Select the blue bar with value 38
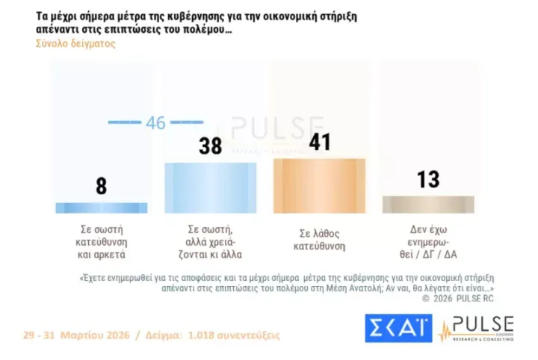[x=210, y=187]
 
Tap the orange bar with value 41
[x=319, y=186]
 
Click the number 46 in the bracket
[x=155, y=122]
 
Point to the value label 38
[x=211, y=146]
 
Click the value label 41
[x=320, y=142]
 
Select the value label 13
[x=428, y=179]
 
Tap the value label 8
[x=102, y=186]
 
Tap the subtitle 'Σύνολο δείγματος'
[x=75, y=43]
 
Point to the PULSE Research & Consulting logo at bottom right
[x=477, y=328]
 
